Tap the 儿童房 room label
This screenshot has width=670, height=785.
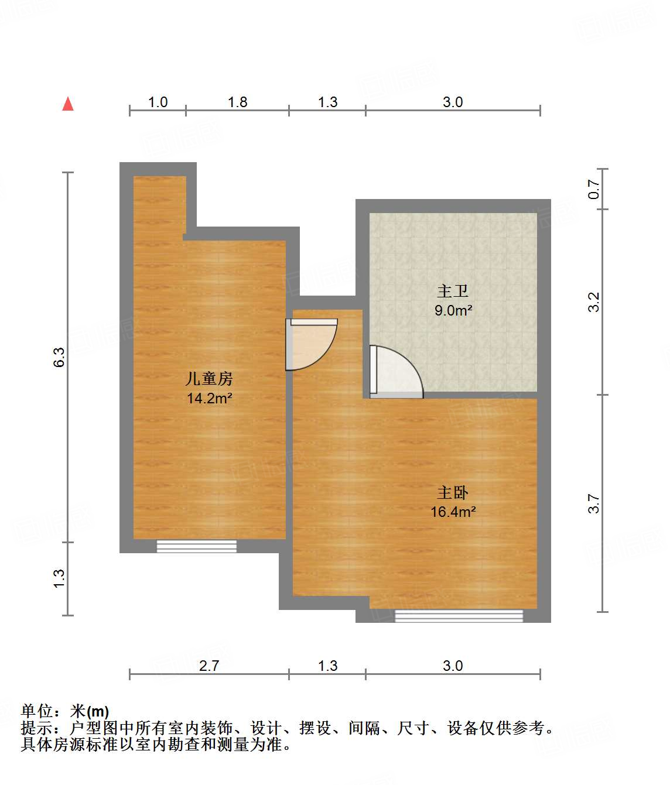pos(209,379)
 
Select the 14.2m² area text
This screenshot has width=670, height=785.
pos(209,399)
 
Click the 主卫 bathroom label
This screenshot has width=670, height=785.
pos(453,291)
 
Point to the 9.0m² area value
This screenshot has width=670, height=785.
pos(453,310)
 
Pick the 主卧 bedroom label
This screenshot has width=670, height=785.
pos(453,492)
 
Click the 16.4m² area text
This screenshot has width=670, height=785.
pos(453,512)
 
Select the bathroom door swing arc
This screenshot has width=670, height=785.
pos(396,372)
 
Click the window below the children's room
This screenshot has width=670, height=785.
pos(197,546)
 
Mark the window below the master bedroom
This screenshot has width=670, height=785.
pos(459,615)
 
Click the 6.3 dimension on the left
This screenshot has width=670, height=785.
pos(59,357)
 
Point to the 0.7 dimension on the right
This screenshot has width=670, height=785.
pos(594,188)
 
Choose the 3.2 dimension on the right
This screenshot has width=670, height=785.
pos(594,302)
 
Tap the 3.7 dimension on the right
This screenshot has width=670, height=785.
pos(594,503)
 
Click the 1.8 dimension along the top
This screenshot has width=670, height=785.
pos(237,102)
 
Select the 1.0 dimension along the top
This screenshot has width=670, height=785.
pos(158,102)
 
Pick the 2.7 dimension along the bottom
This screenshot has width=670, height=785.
pos(209,666)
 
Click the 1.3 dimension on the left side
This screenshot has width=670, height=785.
pos(59,578)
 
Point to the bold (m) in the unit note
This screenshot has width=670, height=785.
pos(98,712)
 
